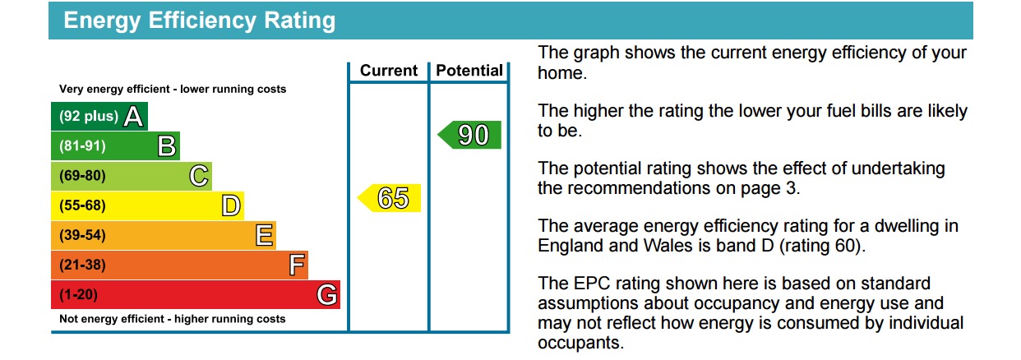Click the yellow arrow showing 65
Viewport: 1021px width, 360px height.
tap(390, 198)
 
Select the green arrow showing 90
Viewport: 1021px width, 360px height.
tap(469, 135)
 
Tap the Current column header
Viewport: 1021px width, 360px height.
tap(389, 71)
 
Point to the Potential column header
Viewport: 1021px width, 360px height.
tap(469, 71)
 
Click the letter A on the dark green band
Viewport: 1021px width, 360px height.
tap(133, 116)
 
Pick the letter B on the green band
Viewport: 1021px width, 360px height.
tap(167, 146)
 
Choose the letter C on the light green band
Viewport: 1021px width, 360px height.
tap(199, 176)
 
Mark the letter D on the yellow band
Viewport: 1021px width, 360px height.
tap(231, 205)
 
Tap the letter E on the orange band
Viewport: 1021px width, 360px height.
tap(265, 235)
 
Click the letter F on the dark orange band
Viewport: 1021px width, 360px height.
tap(297, 265)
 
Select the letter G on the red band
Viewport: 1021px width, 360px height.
tap(327, 294)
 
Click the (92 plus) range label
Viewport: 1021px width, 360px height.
tap(89, 116)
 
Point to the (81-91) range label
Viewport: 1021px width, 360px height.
tap(82, 146)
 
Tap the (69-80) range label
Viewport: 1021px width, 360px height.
tap(82, 176)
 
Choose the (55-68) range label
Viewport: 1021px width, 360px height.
tap(82, 205)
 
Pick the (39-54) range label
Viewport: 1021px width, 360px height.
tap(82, 235)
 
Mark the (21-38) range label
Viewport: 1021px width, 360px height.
tap(82, 265)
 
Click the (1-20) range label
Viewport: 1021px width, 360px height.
tap(78, 294)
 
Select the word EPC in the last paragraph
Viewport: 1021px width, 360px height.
tap(592, 284)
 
